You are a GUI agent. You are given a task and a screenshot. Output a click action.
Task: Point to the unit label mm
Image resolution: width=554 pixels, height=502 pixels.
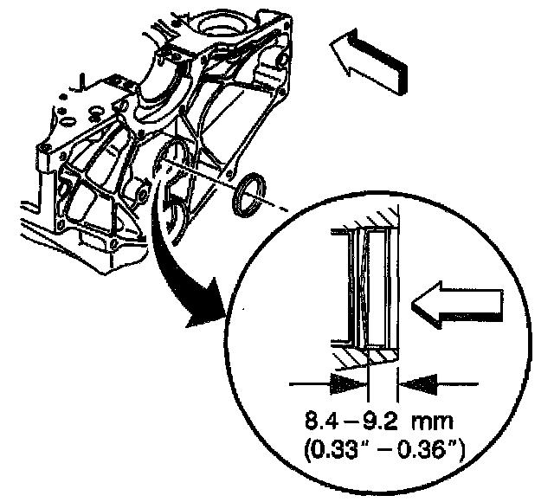tap(435, 425)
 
